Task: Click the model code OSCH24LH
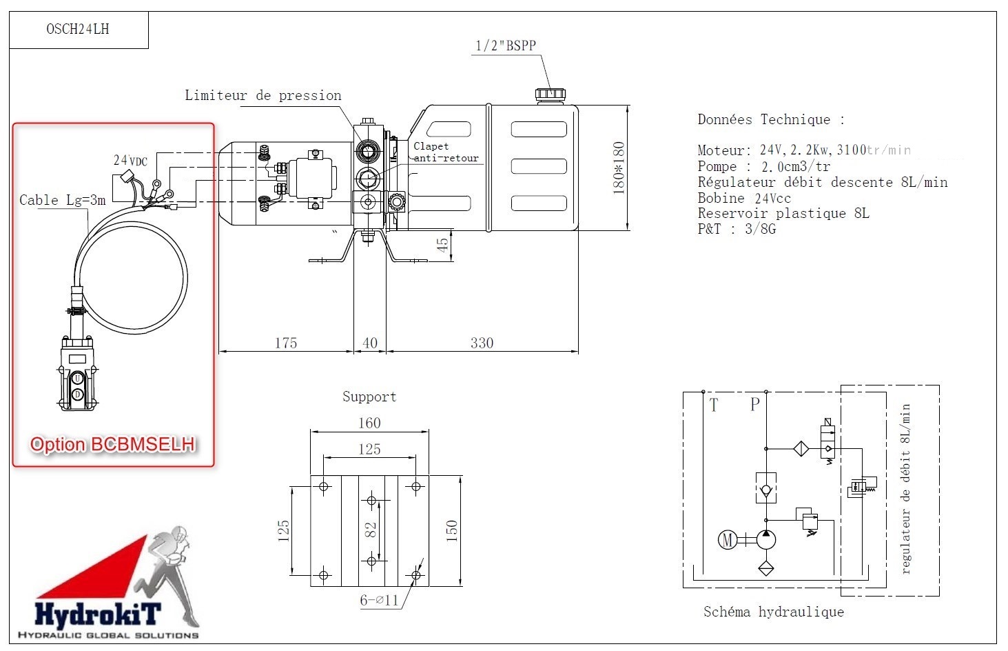tap(77, 29)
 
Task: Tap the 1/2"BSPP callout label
tap(506, 46)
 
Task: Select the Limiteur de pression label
tap(263, 96)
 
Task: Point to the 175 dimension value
tap(285, 343)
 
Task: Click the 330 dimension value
tap(482, 343)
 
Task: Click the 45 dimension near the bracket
tap(443, 243)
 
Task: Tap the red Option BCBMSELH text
tap(112, 445)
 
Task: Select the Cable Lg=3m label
tap(62, 200)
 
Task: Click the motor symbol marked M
tap(727, 539)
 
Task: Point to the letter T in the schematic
tap(713, 405)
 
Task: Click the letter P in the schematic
tap(754, 405)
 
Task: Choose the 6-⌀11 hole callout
tap(379, 600)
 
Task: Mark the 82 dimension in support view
tap(371, 530)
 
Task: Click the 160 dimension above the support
tap(369, 423)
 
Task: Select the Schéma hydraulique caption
tap(773, 612)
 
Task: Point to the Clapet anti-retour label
tap(445, 152)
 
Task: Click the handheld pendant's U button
tap(78, 378)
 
